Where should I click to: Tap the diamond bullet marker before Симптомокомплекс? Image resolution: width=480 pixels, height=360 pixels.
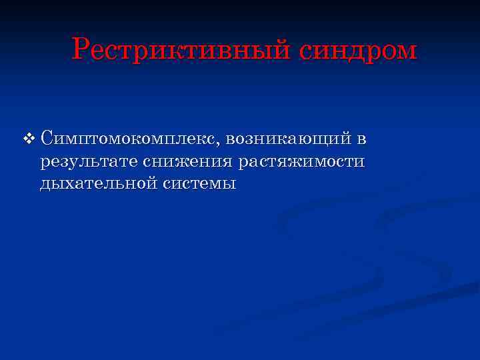click(x=28, y=139)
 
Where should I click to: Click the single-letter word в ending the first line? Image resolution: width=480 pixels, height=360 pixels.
click(x=361, y=139)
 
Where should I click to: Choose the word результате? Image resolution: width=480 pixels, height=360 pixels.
click(x=88, y=161)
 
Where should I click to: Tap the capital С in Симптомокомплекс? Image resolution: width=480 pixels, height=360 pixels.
click(x=47, y=139)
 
